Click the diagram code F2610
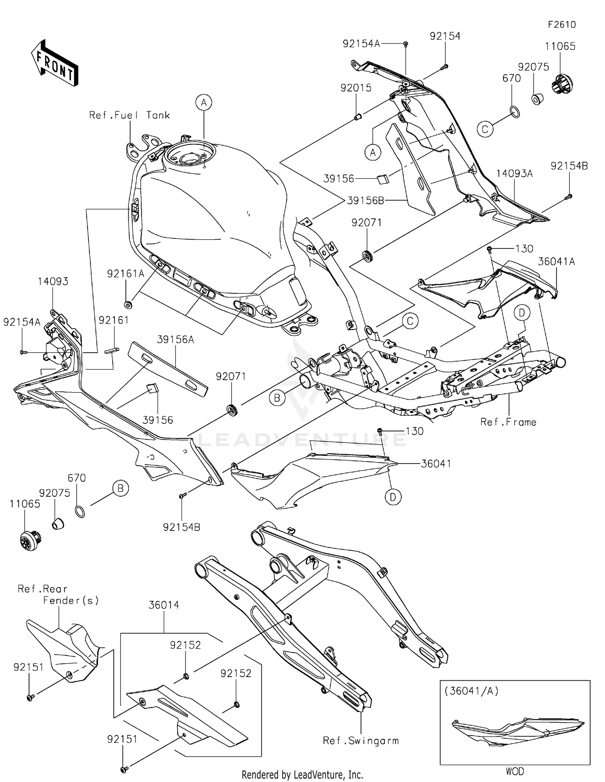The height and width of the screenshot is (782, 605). click(561, 25)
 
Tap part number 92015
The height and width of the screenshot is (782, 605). click(356, 88)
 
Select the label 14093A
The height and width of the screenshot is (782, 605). click(514, 174)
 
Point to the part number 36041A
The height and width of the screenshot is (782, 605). click(556, 261)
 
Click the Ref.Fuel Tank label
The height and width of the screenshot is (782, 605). click(129, 115)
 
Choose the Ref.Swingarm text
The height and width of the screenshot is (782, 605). click(361, 740)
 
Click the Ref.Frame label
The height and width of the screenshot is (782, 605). click(508, 422)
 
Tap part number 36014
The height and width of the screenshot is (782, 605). click(164, 605)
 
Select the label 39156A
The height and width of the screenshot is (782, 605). click(175, 340)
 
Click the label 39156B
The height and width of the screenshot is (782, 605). click(365, 201)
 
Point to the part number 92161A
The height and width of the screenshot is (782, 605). click(125, 274)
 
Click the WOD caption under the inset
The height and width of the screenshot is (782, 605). click(515, 771)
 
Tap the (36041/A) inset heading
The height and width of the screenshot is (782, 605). click(471, 691)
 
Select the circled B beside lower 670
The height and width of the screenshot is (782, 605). click(120, 488)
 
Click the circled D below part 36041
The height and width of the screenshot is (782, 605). click(393, 497)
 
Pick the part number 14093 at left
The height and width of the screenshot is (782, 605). click(53, 281)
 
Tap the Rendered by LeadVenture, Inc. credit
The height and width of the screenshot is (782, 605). click(302, 774)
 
